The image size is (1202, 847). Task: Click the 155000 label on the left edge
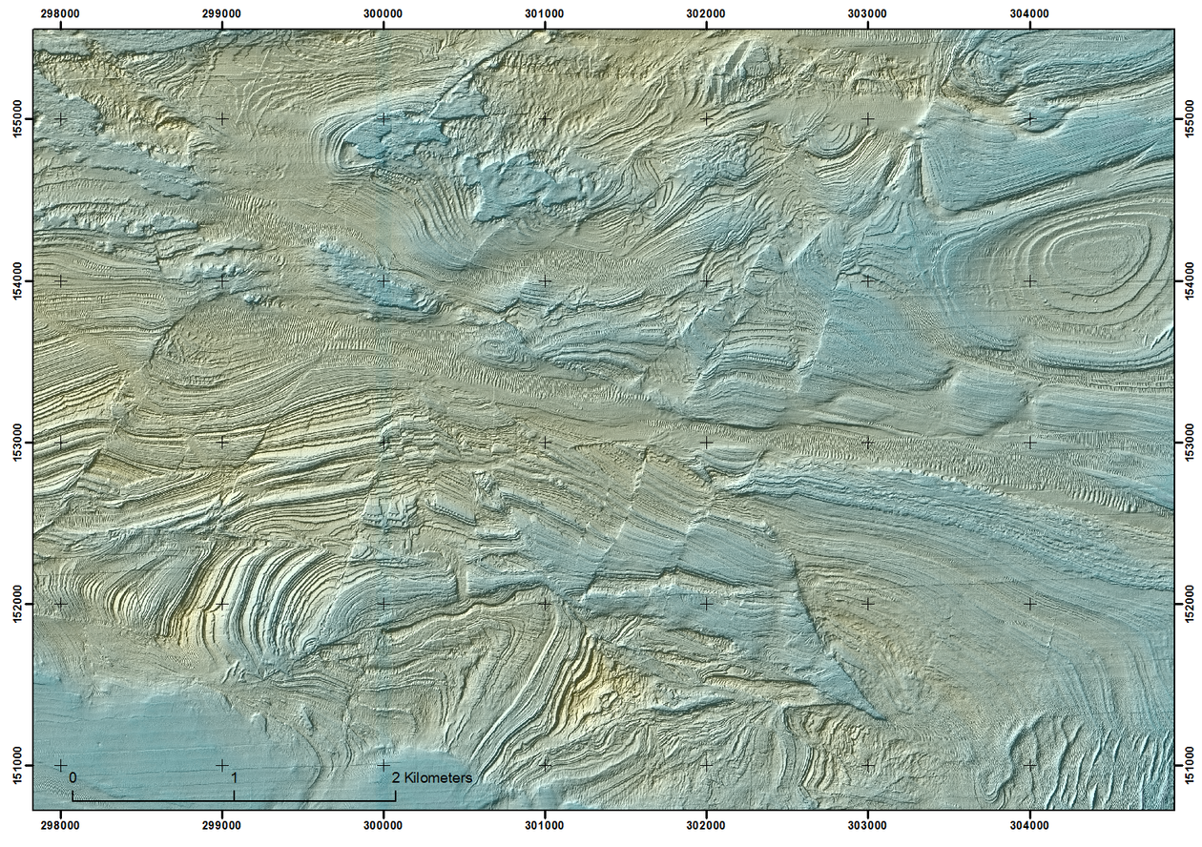(15, 119)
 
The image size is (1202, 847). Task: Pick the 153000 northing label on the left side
(15, 442)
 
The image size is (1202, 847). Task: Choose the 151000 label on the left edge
(15, 765)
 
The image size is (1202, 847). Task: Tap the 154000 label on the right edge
(1189, 280)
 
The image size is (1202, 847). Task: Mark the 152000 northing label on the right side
(1189, 603)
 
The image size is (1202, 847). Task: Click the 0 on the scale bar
(73, 777)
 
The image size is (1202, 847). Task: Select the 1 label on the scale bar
(234, 777)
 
